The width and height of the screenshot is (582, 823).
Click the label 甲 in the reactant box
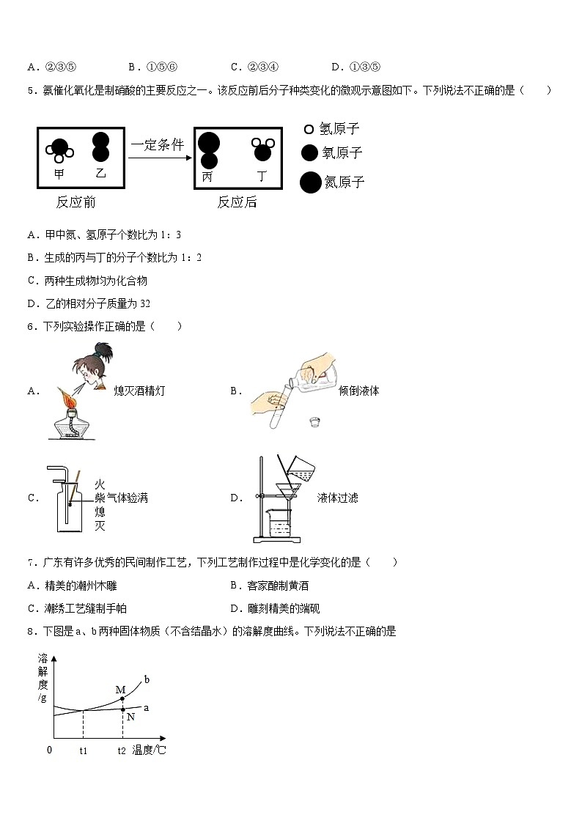point(59,174)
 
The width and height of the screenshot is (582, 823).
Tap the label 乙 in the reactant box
point(101,173)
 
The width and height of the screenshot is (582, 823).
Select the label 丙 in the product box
point(207,177)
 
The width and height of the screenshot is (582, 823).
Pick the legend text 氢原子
point(340,129)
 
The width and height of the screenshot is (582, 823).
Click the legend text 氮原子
point(344,182)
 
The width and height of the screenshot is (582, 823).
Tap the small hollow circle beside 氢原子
point(309,130)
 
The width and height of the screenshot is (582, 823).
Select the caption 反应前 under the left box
point(75,202)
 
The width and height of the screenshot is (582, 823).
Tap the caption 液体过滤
point(338,498)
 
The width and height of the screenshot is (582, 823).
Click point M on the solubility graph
point(122,698)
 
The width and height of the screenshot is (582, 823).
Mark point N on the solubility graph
point(122,708)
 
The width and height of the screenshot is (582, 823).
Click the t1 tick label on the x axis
point(83,750)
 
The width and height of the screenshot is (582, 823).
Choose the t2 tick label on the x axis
point(122,750)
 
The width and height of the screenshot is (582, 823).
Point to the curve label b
point(147,679)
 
